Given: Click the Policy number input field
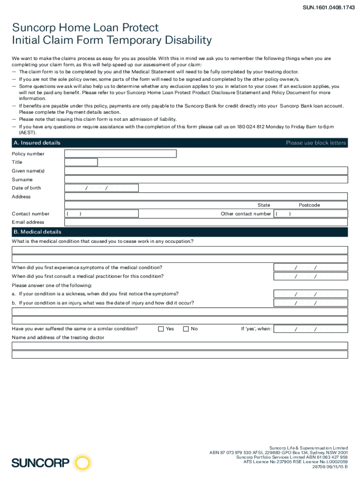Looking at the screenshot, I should (x=120, y=153).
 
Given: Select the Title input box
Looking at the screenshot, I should (x=81, y=162).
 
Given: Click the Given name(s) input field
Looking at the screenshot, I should (x=206, y=171).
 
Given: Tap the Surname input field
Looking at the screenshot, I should (x=206, y=179).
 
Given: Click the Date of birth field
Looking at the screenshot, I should (x=101, y=188).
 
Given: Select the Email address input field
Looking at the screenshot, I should (x=206, y=222).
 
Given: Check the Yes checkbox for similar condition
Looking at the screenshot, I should (x=161, y=329).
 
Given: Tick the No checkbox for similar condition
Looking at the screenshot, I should (x=186, y=329).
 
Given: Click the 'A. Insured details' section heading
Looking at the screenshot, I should (x=37, y=143).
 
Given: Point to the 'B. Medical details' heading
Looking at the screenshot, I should (x=37, y=232).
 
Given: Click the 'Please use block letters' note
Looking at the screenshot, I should (x=316, y=143).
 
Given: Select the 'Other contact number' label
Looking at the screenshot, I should (x=245, y=214).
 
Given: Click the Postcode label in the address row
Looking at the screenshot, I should (x=309, y=205).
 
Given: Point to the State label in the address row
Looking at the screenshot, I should (x=264, y=205).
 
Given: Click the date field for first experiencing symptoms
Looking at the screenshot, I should (x=310, y=268).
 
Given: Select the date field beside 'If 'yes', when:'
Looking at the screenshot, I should (x=310, y=329).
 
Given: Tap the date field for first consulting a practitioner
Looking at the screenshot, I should (x=310, y=276).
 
